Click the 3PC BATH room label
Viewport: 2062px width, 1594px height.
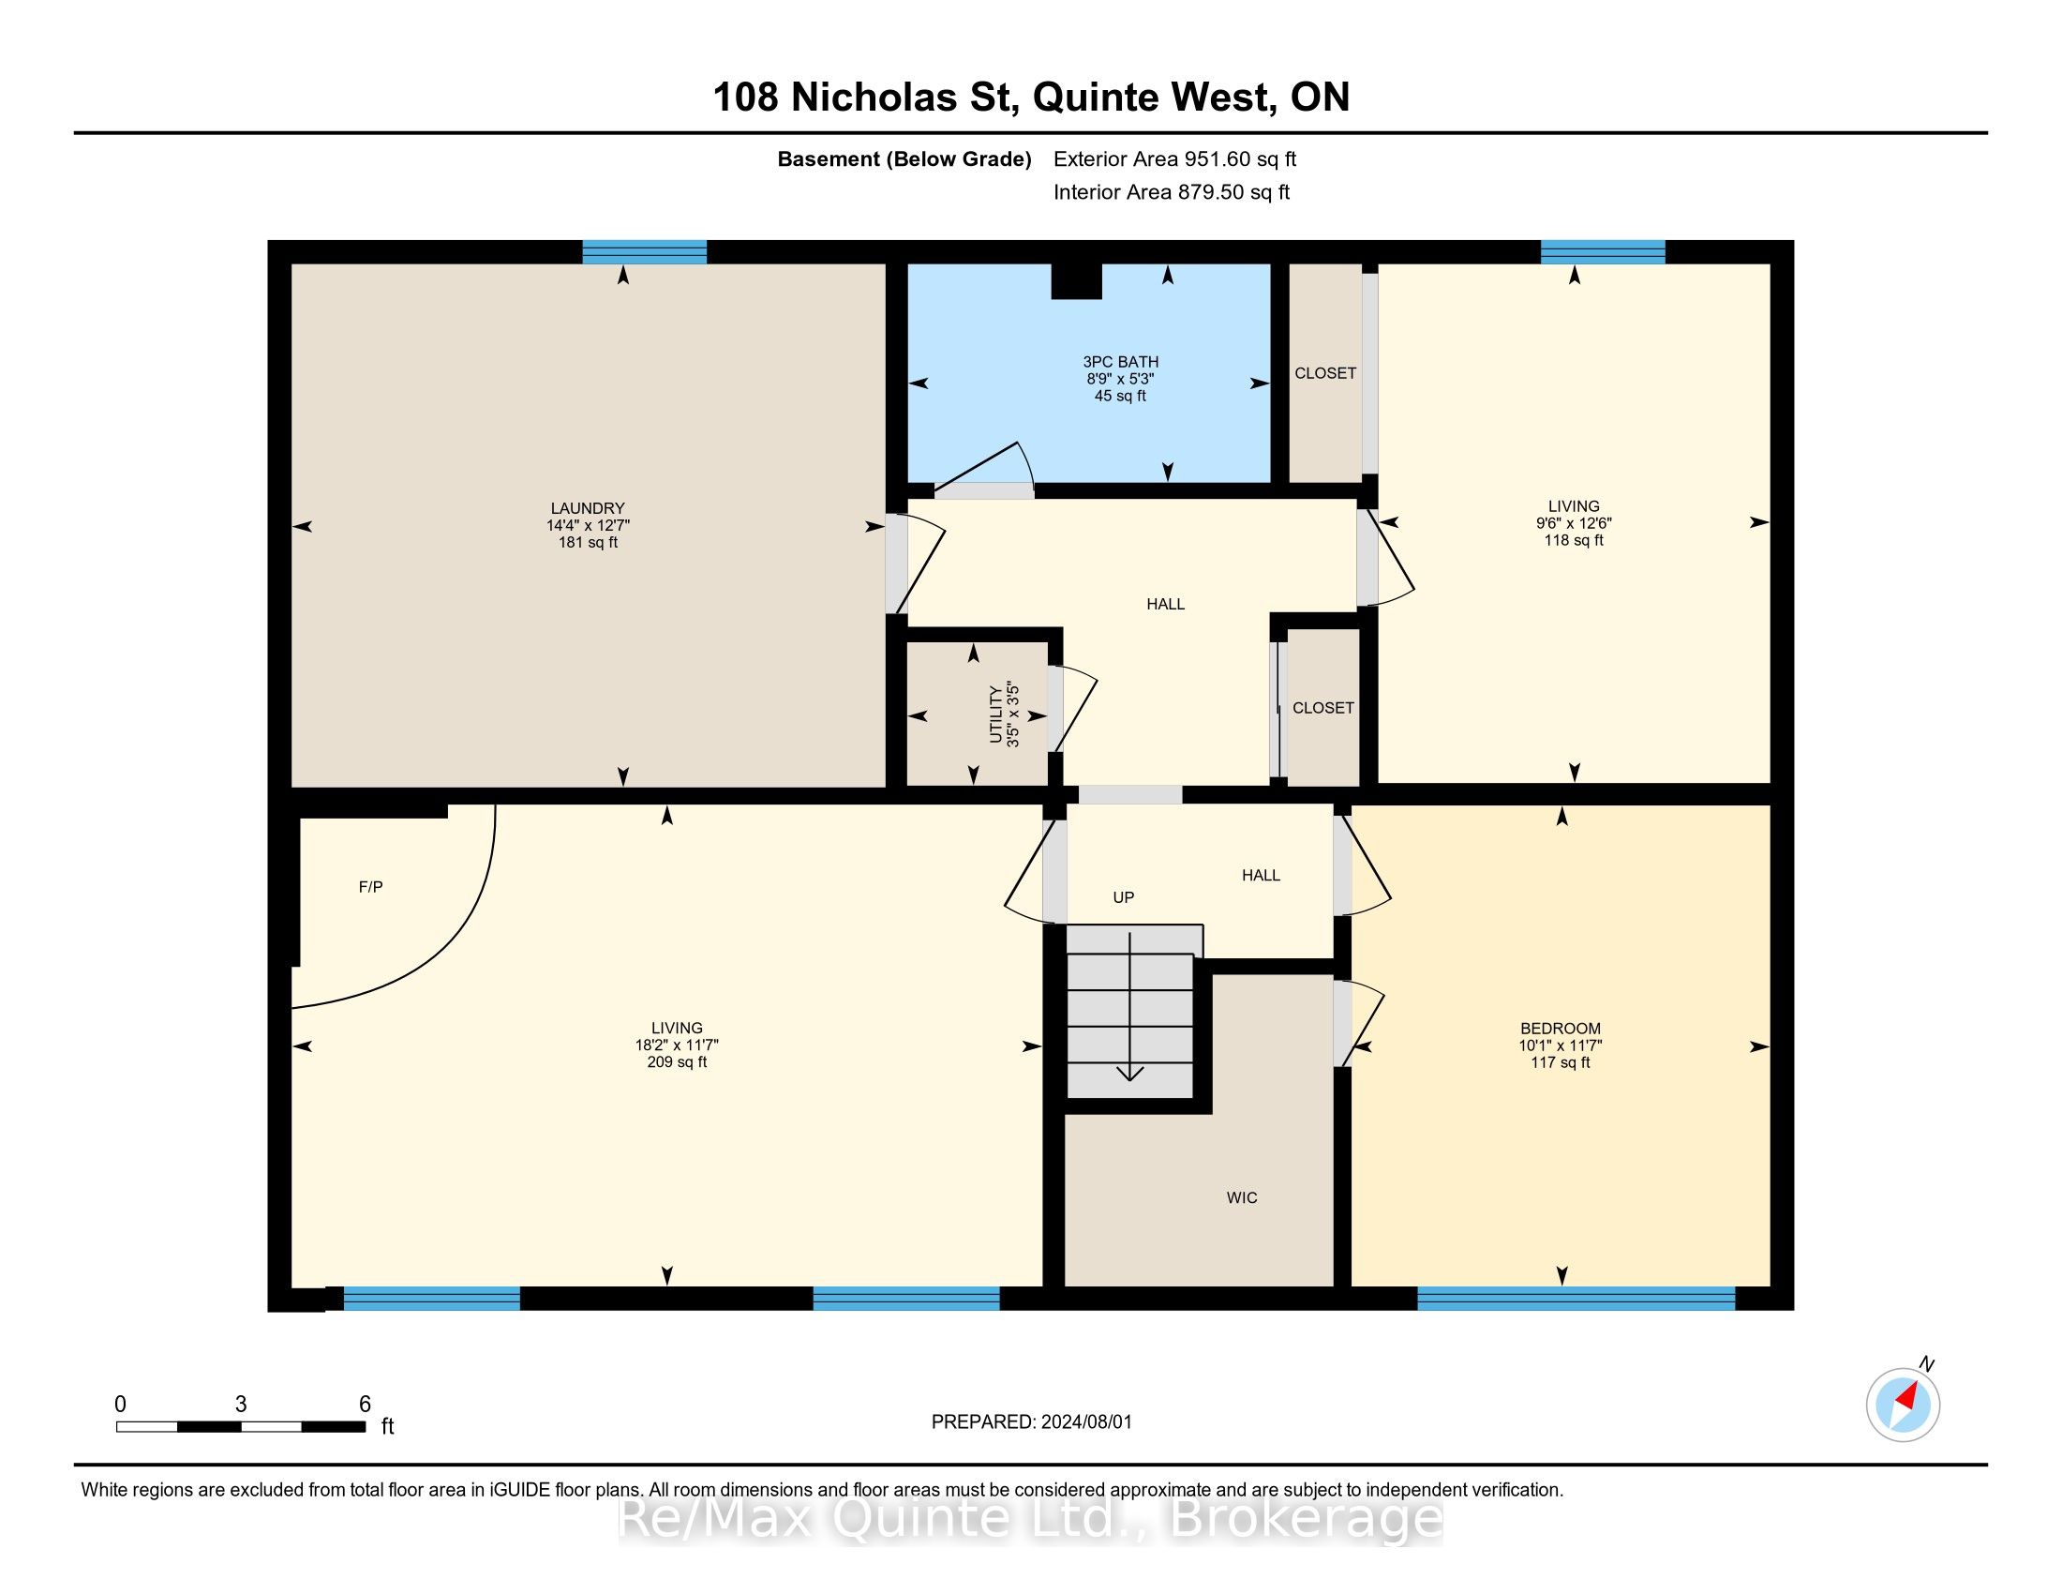(x=1121, y=362)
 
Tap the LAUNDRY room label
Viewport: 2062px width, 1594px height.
(x=589, y=508)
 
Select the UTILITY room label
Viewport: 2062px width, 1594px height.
(x=995, y=714)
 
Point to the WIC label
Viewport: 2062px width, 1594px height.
(x=1242, y=1197)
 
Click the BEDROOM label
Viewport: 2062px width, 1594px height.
(x=1561, y=1029)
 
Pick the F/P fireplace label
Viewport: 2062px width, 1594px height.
(x=371, y=887)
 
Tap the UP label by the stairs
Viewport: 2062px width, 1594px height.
(x=1124, y=897)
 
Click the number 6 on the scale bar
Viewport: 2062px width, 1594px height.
(x=366, y=1405)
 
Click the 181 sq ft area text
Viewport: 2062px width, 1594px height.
(x=589, y=542)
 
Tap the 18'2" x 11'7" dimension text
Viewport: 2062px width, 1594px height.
(x=677, y=1045)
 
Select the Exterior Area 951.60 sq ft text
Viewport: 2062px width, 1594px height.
(x=1174, y=158)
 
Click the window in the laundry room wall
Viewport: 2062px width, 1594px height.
(x=645, y=252)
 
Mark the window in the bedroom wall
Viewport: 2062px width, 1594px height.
(x=1576, y=1299)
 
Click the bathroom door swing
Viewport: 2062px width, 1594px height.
(x=985, y=468)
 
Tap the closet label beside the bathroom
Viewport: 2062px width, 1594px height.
(x=1325, y=373)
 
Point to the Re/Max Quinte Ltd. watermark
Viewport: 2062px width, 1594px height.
(x=1030, y=1518)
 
